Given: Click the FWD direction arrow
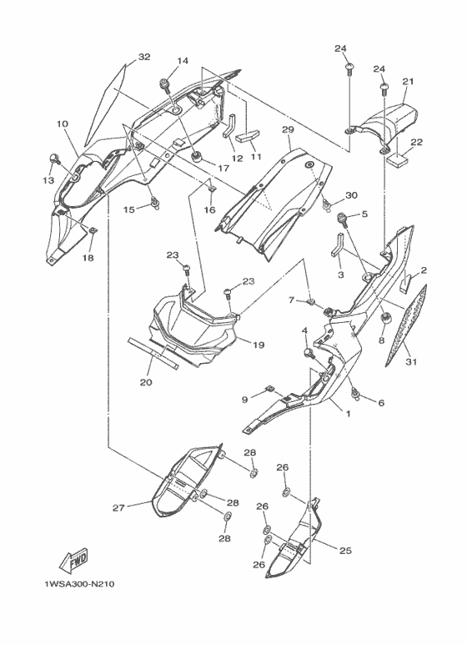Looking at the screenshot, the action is point(74,561).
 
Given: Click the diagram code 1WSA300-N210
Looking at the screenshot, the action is point(80,584).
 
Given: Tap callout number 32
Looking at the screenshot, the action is point(144,57).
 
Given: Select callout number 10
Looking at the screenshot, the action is point(63,123).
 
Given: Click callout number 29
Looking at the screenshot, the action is point(288,130).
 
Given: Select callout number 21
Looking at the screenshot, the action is point(408,82).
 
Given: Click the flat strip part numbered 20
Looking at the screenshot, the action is point(153,353).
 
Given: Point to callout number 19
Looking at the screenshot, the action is point(259,345).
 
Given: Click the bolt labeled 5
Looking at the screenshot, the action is point(343,219).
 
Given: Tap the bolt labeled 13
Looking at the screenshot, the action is point(53,158).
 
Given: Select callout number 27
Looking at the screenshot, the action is point(118,508).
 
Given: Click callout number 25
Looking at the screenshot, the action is point(345,551).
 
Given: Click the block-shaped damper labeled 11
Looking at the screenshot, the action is point(249,136).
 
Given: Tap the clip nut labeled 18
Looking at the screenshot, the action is point(93,230).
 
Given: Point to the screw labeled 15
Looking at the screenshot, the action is point(155,202).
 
